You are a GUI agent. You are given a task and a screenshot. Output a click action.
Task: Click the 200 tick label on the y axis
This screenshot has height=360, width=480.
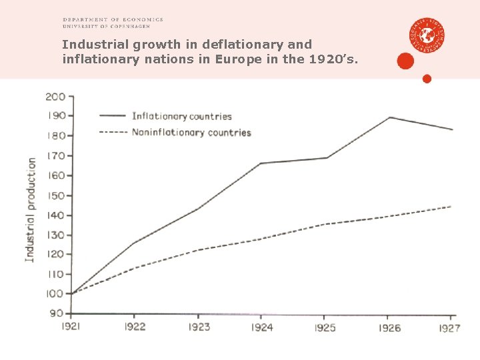(x=55, y=97)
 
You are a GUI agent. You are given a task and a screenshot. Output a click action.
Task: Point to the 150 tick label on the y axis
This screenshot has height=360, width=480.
(x=55, y=196)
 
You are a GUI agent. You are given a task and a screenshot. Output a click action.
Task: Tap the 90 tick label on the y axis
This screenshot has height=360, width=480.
(x=57, y=313)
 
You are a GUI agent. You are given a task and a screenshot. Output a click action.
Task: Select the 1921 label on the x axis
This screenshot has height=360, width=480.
(x=71, y=327)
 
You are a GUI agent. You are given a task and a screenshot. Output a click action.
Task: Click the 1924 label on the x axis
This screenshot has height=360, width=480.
(x=261, y=327)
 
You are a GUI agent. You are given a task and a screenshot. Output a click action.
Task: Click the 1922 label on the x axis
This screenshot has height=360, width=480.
(x=135, y=327)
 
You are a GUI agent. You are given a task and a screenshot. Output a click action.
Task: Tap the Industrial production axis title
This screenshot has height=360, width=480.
(x=31, y=209)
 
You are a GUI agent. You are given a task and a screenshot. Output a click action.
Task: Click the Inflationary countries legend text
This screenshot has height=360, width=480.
(x=182, y=117)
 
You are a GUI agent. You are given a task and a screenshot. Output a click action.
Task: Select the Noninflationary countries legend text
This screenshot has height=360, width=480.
(x=191, y=132)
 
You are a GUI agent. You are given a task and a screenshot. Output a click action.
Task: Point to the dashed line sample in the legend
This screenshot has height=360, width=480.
(x=113, y=132)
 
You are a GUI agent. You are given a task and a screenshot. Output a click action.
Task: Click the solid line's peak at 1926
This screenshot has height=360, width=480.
(x=389, y=117)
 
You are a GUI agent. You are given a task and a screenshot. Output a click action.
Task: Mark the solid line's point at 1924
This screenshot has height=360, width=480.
(x=261, y=163)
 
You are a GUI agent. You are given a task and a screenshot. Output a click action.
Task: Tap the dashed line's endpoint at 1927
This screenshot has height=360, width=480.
(x=451, y=207)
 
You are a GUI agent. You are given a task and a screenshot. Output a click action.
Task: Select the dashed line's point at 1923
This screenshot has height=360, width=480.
(x=198, y=250)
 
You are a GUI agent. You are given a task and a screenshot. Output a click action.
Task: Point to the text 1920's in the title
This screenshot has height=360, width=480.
(x=334, y=59)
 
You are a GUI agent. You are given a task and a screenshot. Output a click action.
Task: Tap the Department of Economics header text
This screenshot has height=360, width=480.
(x=113, y=20)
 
